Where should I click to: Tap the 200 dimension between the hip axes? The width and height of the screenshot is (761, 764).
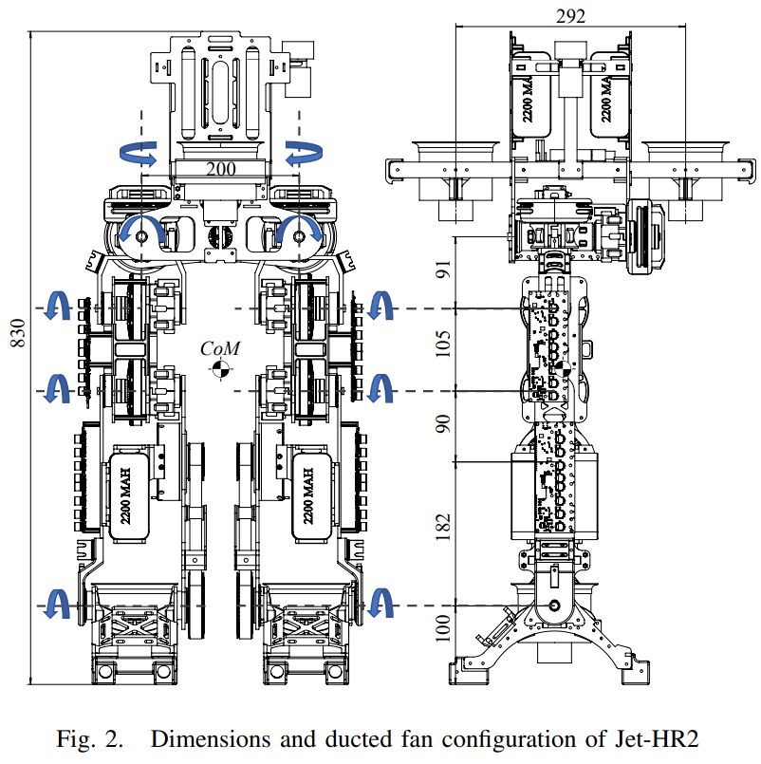pos(221,169)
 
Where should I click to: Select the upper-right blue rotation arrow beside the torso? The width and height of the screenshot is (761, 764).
pos(304,152)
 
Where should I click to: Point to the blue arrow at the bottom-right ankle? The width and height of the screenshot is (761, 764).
pos(383,604)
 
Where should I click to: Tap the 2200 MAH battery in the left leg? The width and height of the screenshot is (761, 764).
pos(126,494)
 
